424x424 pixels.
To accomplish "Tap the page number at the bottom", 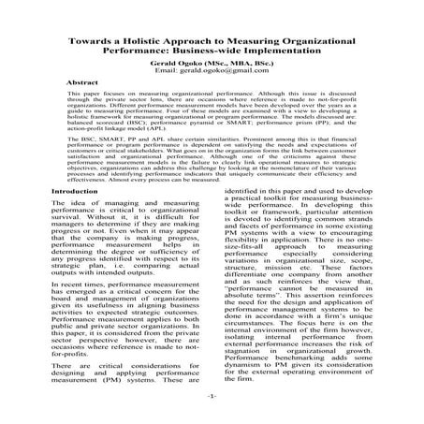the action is click(212, 398).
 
